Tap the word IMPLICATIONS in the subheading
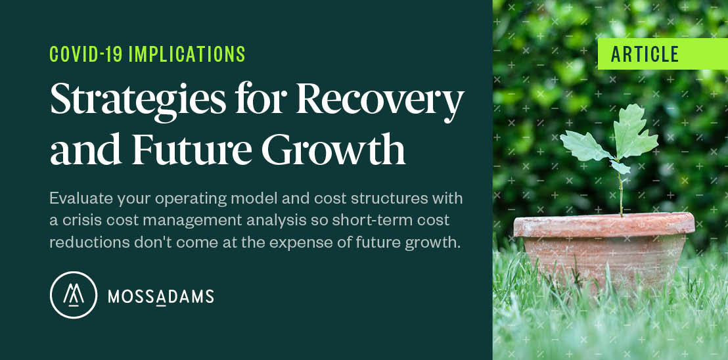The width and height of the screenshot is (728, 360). coord(187,55)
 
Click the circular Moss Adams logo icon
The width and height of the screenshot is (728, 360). coord(74,295)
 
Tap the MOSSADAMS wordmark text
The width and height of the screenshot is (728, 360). coord(160,296)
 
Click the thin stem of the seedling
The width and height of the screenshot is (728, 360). coord(621,194)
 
